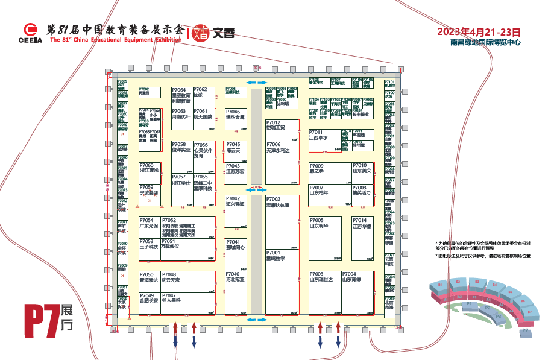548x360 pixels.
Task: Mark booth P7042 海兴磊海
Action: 236,212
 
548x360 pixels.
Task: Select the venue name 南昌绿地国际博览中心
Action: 485,43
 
